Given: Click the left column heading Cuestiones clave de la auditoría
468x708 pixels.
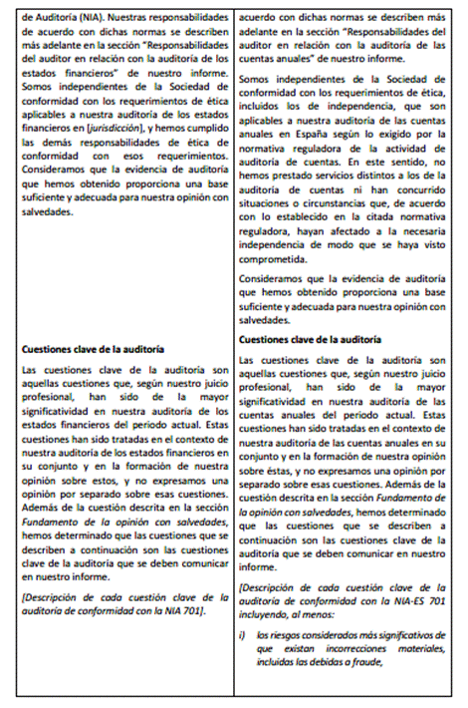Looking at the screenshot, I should click(88, 348).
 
